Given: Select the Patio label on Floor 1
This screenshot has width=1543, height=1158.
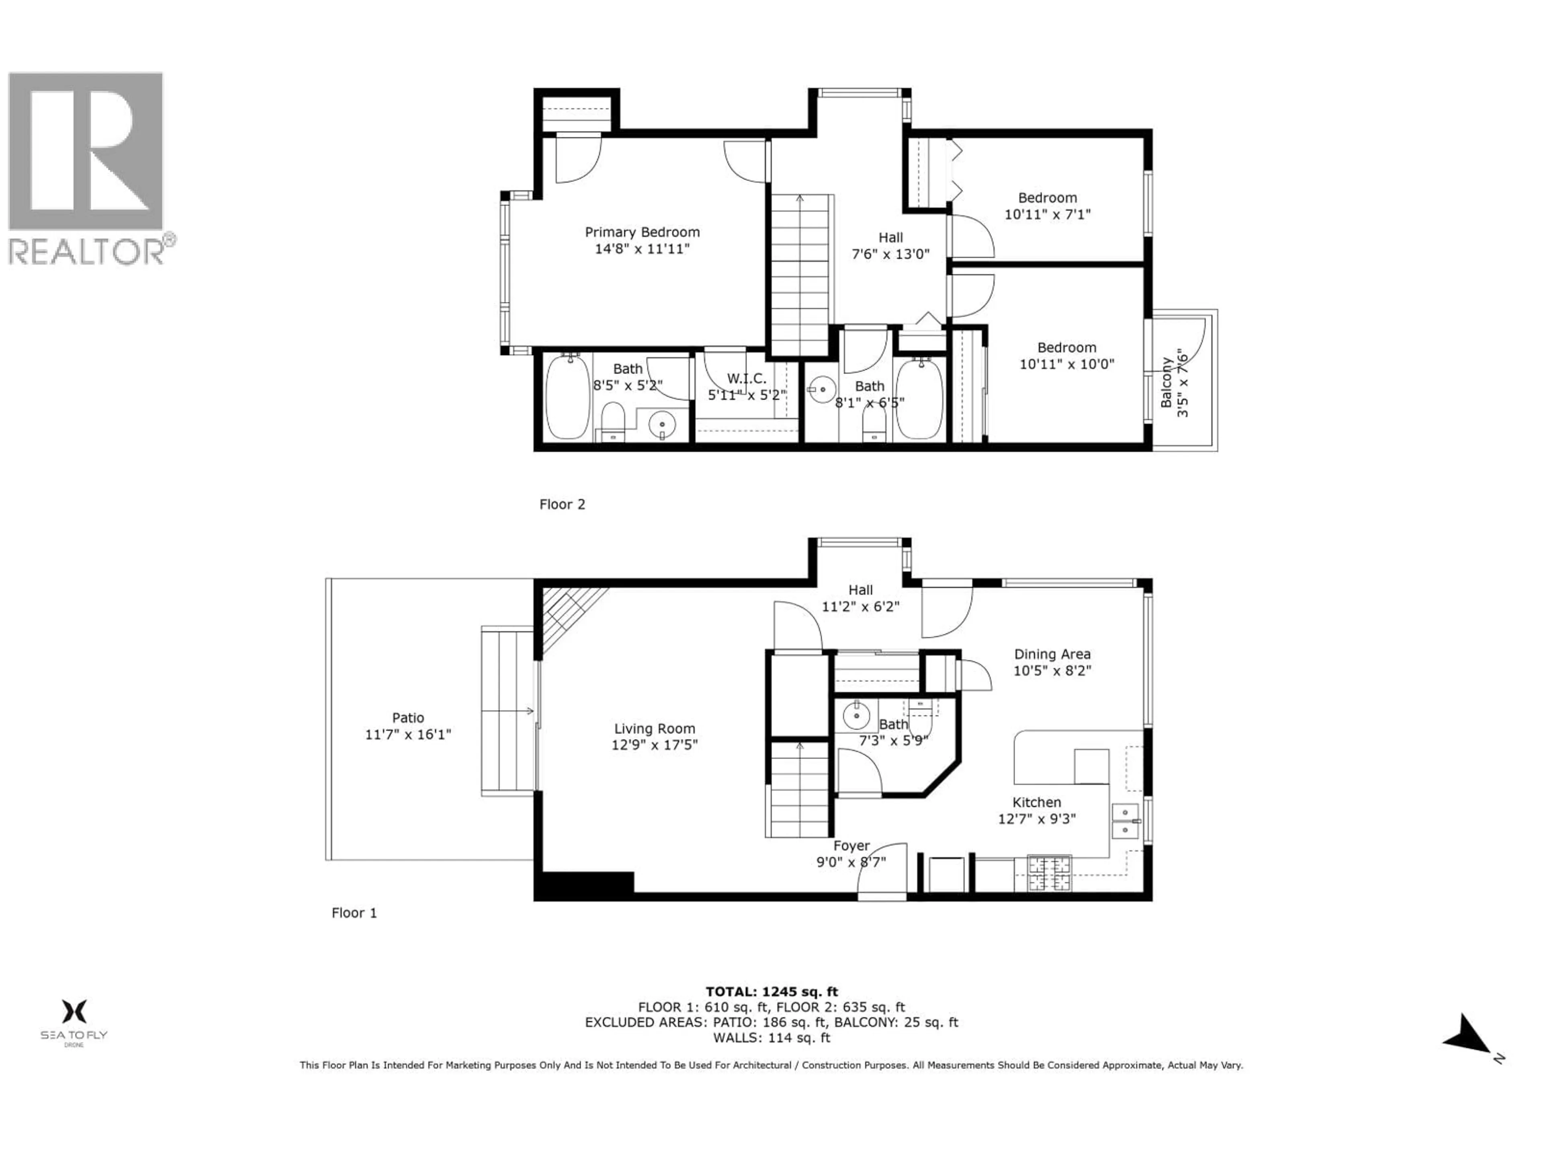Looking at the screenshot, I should click(x=408, y=718).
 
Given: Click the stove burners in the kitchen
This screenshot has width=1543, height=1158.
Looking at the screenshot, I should click(x=1049, y=874).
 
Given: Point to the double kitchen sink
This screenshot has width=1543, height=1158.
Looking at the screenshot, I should click(x=1124, y=821).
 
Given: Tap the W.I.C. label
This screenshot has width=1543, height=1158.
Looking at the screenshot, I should click(x=747, y=378).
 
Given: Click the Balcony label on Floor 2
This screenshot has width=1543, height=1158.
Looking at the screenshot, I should click(x=1166, y=382).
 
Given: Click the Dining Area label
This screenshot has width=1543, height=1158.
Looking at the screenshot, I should click(x=1052, y=654).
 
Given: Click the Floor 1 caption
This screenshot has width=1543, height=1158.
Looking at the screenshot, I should click(x=354, y=913).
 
